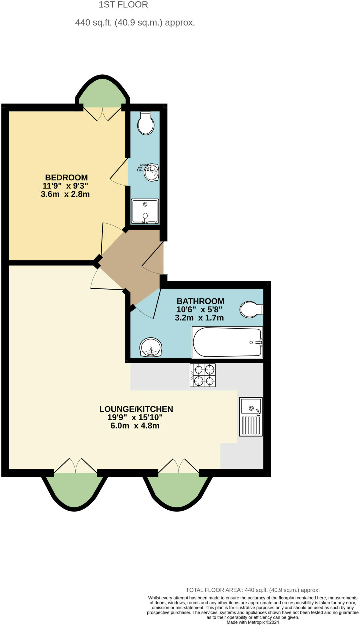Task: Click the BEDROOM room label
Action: point(66,178)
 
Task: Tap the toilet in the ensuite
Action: point(146,123)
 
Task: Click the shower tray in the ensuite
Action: point(145,211)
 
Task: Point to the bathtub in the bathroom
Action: point(227,342)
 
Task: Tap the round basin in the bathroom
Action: point(151,348)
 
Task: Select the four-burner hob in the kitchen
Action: point(203,375)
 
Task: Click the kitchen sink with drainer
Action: point(251,416)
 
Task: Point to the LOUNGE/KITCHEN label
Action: point(136,409)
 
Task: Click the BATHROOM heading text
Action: point(200,301)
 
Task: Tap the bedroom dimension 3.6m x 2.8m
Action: point(65,194)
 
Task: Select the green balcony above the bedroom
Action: point(103,93)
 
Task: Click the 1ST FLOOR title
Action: point(123,5)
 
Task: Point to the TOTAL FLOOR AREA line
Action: point(253,590)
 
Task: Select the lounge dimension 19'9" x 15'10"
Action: point(135,417)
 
